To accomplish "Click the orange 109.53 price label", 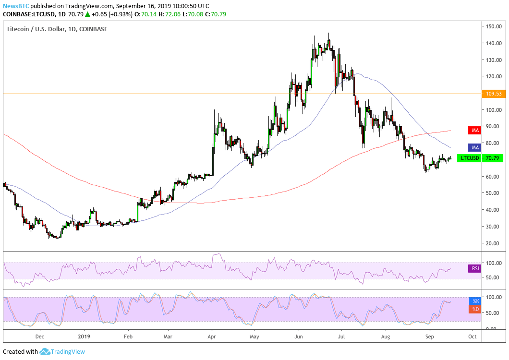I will pyautogui.click(x=492, y=94).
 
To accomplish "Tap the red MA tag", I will pyautogui.click(x=474, y=130).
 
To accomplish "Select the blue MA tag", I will pyautogui.click(x=474, y=147).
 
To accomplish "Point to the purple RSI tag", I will pyautogui.click(x=474, y=269).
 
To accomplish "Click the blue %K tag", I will pyautogui.click(x=474, y=301).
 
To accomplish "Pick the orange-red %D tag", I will pyautogui.click(x=474, y=309).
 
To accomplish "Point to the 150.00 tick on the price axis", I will pyautogui.click(x=493, y=26).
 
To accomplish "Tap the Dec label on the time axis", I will pyautogui.click(x=40, y=336).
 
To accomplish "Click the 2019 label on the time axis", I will pyautogui.click(x=84, y=336).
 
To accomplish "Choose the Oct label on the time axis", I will pyautogui.click(x=472, y=336).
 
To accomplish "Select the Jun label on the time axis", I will pyautogui.click(x=298, y=336).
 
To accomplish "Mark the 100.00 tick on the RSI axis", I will pyautogui.click(x=493, y=263).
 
